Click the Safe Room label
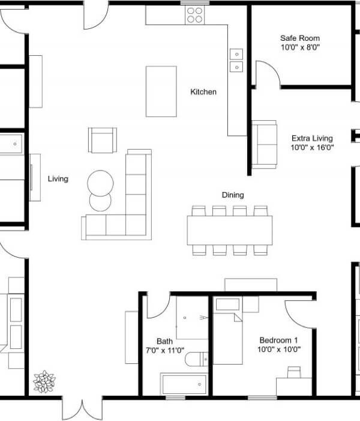[x=300, y=38]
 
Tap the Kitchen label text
[x=203, y=92]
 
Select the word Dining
[x=233, y=195]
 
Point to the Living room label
[x=58, y=179]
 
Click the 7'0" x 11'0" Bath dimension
[x=165, y=350]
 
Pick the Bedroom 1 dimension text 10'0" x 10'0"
[x=279, y=350]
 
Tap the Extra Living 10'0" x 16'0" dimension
[x=312, y=147]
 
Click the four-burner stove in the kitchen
[x=195, y=15]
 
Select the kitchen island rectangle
[x=161, y=91]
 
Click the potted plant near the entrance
[x=44, y=381]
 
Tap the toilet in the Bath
[x=196, y=359]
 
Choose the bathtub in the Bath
[x=184, y=384]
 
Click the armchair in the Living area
[x=103, y=140]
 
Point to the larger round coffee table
[x=100, y=183]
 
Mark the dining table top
[x=230, y=231]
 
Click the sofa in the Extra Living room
[x=264, y=145]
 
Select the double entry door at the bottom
[x=82, y=408]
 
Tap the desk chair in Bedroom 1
[x=294, y=372]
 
